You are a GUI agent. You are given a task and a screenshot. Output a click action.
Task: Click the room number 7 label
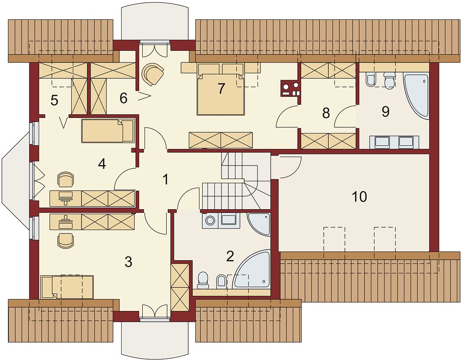coord(221,88)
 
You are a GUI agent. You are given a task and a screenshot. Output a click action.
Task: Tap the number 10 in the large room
coord(359,197)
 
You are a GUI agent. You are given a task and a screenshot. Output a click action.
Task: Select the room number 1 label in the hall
coord(166,179)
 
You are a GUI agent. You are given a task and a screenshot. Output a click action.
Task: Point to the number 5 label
coord(54,101)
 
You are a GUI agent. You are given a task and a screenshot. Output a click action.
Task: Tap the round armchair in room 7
coord(153,74)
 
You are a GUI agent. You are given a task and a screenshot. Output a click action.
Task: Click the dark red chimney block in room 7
coord(291,89)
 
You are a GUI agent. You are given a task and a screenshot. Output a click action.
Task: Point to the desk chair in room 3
coord(65,240)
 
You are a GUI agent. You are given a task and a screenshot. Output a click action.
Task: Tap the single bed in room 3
coord(67,287)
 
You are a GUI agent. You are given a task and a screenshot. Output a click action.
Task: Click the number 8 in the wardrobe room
coord(326,113)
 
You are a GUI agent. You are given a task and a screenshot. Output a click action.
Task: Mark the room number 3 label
coord(128,262)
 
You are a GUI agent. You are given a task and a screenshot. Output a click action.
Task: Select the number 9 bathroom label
coord(385,112)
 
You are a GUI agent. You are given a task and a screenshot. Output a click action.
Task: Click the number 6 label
coord(124,98)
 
